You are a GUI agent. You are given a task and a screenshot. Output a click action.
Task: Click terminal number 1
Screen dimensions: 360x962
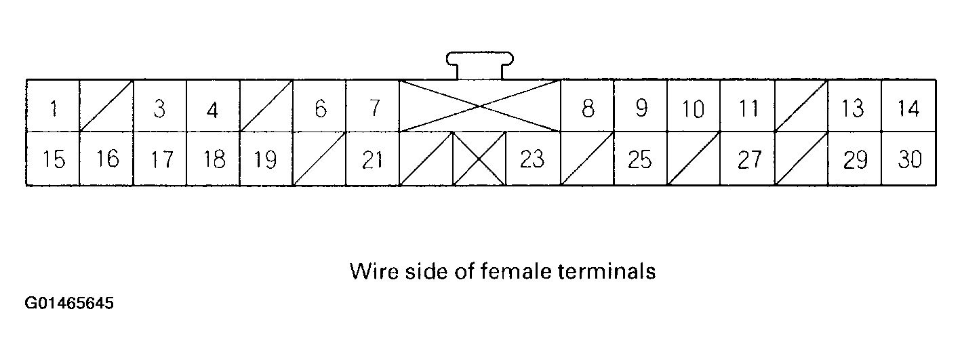(53, 106)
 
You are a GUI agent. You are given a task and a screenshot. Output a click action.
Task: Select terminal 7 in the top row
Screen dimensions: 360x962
(372, 106)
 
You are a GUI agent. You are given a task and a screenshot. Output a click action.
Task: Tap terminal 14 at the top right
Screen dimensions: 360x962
(908, 106)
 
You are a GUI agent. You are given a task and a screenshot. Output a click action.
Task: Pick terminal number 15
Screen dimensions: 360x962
(53, 159)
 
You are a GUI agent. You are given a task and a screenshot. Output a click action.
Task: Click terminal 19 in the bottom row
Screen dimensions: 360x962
(266, 159)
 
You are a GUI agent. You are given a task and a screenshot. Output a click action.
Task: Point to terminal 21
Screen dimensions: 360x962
(372, 159)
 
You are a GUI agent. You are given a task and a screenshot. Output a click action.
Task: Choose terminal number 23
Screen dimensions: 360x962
(532, 159)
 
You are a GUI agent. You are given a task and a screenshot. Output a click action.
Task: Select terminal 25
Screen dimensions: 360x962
(639, 159)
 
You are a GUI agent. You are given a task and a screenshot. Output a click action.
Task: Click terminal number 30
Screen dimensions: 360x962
(908, 159)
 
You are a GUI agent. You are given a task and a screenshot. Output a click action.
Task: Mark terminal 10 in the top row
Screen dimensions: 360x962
(693, 106)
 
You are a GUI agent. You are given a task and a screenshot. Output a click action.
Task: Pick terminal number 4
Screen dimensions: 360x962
(212, 106)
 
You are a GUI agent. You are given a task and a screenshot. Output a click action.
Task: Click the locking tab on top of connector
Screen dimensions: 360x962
(479, 64)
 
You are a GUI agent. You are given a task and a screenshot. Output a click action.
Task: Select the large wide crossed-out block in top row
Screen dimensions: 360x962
(480, 106)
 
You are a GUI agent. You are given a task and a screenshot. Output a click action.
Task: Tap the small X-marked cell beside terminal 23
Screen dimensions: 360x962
(479, 159)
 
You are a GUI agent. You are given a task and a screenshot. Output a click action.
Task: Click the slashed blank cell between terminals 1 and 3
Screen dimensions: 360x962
(106, 106)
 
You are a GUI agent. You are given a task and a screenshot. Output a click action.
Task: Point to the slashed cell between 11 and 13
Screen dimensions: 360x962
(801, 106)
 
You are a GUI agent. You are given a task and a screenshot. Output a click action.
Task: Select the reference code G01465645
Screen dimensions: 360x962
(69, 303)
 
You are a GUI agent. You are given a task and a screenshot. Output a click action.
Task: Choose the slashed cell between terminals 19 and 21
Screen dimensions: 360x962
(319, 159)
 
